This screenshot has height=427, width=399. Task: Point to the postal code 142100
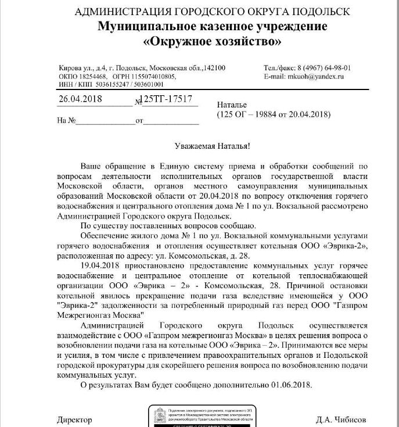[x=213, y=68]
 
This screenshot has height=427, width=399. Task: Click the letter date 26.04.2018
[x=81, y=99]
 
